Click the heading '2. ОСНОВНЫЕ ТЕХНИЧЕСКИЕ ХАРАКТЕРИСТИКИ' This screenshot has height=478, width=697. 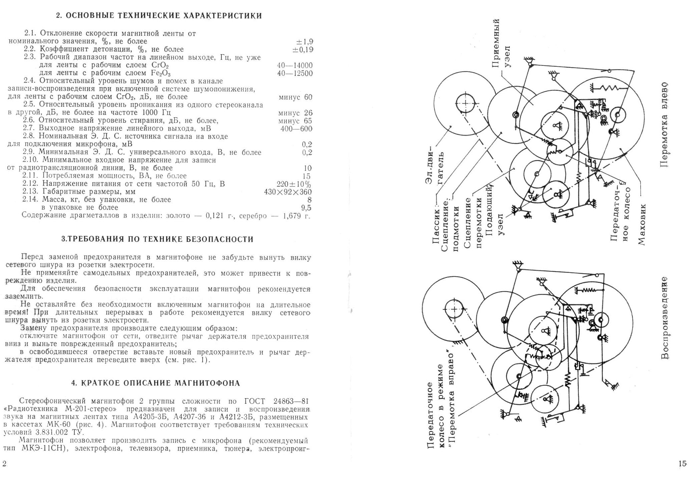point(159,16)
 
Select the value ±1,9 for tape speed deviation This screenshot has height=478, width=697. point(304,42)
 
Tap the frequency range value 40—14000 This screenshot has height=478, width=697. point(295,65)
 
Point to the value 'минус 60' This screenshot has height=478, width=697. point(295,97)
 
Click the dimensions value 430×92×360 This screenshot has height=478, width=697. point(288,192)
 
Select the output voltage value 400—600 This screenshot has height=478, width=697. point(296,129)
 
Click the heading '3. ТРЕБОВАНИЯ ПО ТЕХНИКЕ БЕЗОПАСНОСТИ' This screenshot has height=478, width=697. point(158,239)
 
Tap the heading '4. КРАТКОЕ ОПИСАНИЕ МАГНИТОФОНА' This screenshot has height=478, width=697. point(156,383)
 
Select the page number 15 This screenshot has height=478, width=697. point(682,463)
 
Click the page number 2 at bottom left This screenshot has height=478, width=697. point(4,464)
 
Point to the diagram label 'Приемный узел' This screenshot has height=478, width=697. point(501,43)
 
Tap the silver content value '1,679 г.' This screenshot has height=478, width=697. point(296,216)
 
